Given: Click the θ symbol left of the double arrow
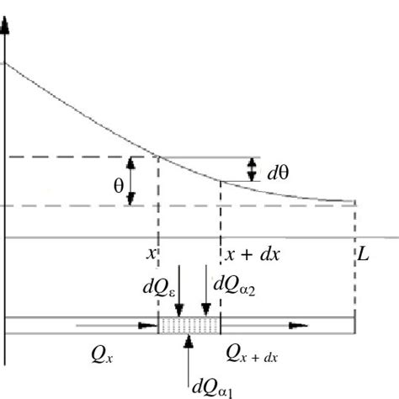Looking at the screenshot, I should point(118,186).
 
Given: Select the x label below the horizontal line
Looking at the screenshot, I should point(152,253).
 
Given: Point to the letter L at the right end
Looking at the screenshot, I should point(363,253).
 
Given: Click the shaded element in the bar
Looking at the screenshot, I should point(189,324).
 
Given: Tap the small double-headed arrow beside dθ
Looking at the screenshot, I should point(253,171).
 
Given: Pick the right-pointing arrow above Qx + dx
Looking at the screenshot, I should point(278,324).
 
